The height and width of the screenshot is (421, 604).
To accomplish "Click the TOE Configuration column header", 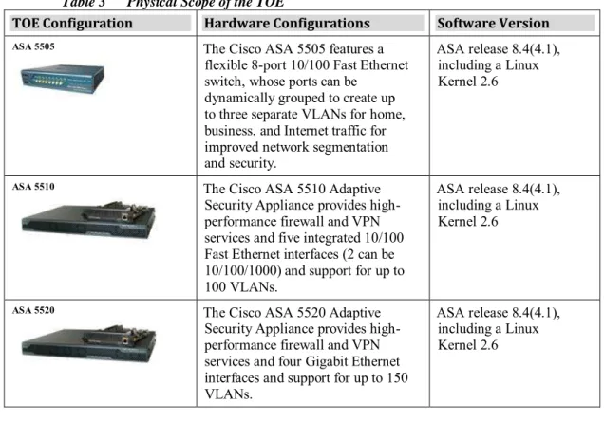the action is click(x=72, y=23).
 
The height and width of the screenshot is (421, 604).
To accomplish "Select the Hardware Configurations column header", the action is click(x=287, y=23).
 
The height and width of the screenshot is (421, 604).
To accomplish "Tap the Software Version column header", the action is click(x=493, y=23).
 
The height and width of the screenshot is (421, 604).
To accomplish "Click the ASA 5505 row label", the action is click(x=33, y=46).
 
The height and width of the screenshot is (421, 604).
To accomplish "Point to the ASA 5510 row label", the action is click(x=33, y=187).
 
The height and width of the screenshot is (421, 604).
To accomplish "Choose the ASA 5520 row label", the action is click(x=33, y=310).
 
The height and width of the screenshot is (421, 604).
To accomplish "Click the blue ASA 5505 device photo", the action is click(x=63, y=79).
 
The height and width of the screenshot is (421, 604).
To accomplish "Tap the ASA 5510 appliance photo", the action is click(x=88, y=220).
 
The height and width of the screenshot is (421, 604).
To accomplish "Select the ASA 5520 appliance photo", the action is click(x=88, y=344).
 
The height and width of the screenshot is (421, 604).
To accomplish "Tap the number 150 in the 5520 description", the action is click(x=398, y=377).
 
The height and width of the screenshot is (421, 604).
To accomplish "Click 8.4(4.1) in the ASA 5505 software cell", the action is click(x=537, y=49).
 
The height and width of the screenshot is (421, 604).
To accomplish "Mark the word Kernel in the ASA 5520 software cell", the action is click(x=457, y=345).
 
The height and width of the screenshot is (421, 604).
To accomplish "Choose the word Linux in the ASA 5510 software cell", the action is click(x=522, y=205).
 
